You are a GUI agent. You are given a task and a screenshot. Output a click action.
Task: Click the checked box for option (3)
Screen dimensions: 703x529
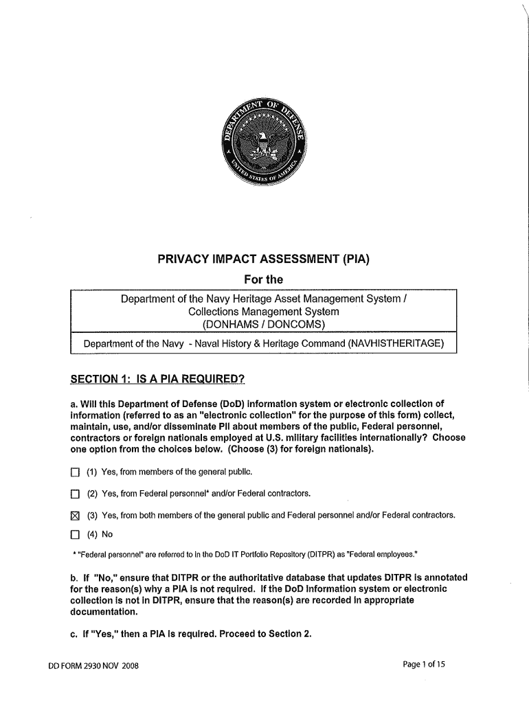pyautogui.click(x=75, y=516)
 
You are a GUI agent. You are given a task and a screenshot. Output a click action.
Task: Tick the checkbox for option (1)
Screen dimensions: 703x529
pyautogui.click(x=75, y=472)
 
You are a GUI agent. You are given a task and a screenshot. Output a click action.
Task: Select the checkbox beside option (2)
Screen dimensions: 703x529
pyautogui.click(x=75, y=494)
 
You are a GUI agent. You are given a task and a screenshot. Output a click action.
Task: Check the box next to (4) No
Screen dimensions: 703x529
pyautogui.click(x=75, y=534)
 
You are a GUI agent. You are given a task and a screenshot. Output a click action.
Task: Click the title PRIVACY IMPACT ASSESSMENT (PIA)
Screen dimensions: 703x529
pyautogui.click(x=264, y=260)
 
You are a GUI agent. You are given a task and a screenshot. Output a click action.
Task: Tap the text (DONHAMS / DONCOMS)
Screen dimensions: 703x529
pyautogui.click(x=264, y=324)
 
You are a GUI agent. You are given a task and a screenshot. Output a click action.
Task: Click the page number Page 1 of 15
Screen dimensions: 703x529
pyautogui.click(x=425, y=665)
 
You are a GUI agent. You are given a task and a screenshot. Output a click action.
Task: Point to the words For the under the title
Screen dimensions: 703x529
pyautogui.click(x=264, y=279)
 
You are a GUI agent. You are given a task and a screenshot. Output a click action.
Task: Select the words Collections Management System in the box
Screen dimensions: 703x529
pyautogui.click(x=264, y=312)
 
